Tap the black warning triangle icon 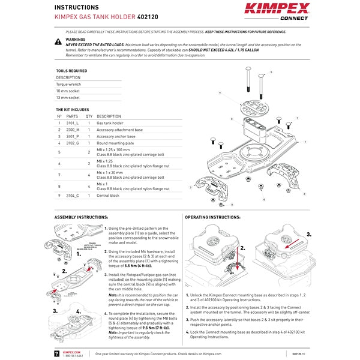(58, 41)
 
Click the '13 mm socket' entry (68, 97)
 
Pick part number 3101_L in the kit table (72, 122)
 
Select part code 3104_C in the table (72, 196)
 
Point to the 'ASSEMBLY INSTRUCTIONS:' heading (81, 217)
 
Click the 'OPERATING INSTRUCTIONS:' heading (212, 217)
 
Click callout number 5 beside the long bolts (271, 71)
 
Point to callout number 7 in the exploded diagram (298, 118)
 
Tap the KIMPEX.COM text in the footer (73, 352)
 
